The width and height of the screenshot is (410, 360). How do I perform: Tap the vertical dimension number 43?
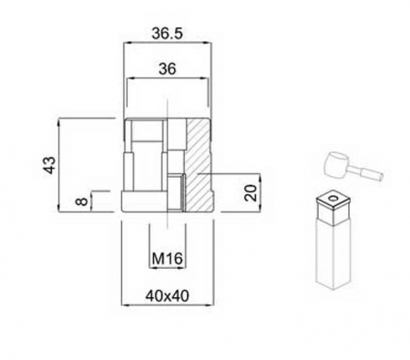(51, 165)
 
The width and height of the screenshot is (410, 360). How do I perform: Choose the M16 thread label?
(167, 259)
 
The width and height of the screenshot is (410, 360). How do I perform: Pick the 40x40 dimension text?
(167, 295)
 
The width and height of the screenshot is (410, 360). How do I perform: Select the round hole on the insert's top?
(336, 196)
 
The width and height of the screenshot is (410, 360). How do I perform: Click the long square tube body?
(334, 255)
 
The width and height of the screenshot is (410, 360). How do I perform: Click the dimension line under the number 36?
(167, 78)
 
